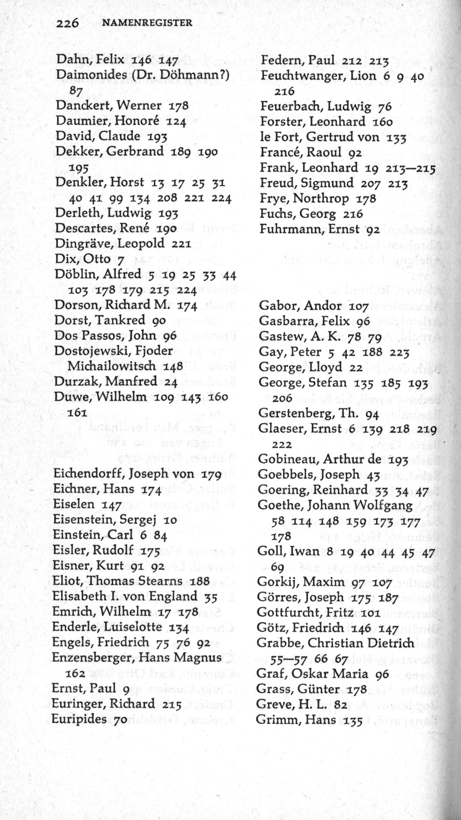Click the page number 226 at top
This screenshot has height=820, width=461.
(x=67, y=23)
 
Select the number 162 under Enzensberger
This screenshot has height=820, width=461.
(x=73, y=673)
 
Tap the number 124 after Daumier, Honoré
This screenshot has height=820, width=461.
(x=176, y=122)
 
